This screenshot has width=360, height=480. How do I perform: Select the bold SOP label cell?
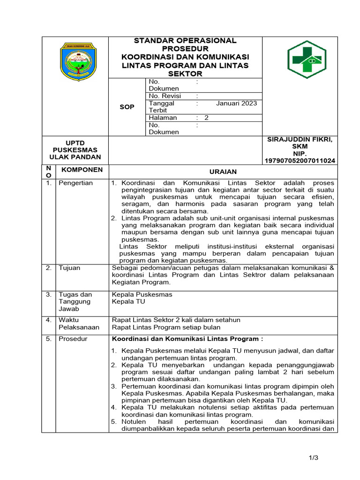click(127, 107)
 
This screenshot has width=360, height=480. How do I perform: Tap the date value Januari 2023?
click(236, 103)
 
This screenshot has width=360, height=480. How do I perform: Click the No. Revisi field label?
click(165, 96)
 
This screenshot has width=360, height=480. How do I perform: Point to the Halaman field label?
click(163, 118)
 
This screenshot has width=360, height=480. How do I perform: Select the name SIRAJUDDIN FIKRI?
click(300, 140)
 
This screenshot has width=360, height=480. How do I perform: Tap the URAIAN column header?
click(223, 172)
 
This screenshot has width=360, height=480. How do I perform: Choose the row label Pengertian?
click(75, 183)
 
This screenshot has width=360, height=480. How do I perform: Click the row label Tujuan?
click(69, 268)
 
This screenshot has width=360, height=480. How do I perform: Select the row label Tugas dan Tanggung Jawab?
click(75, 301)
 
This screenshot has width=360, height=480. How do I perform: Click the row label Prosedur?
click(73, 338)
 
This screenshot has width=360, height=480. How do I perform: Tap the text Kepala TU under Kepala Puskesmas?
click(128, 301)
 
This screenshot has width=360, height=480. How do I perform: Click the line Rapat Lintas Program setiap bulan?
click(166, 327)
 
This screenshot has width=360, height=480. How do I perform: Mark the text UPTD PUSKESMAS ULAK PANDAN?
click(75, 150)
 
